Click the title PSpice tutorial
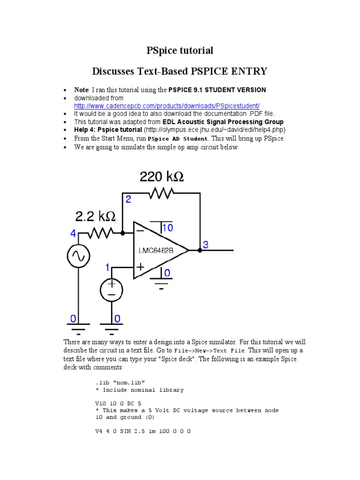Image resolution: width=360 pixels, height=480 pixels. coord(180,50)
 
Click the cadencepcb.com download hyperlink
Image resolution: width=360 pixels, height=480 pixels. coord(167,106)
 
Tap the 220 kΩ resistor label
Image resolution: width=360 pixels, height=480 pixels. coord(162,177)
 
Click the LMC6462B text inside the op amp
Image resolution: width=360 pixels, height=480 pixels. coord(156,250)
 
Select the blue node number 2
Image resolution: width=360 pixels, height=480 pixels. coord(128,199)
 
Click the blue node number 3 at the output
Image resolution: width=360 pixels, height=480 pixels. coord(206,244)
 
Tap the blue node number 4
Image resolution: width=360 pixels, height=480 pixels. coord(73,232)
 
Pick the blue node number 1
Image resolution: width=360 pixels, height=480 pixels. coord(107,268)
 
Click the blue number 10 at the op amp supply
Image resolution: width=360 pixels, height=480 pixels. coord(167,228)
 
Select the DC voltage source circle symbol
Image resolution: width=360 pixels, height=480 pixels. coord(111,289)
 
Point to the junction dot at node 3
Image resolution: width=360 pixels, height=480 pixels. coord(200,251)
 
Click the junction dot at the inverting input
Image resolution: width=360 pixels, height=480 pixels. coord(122,232)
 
